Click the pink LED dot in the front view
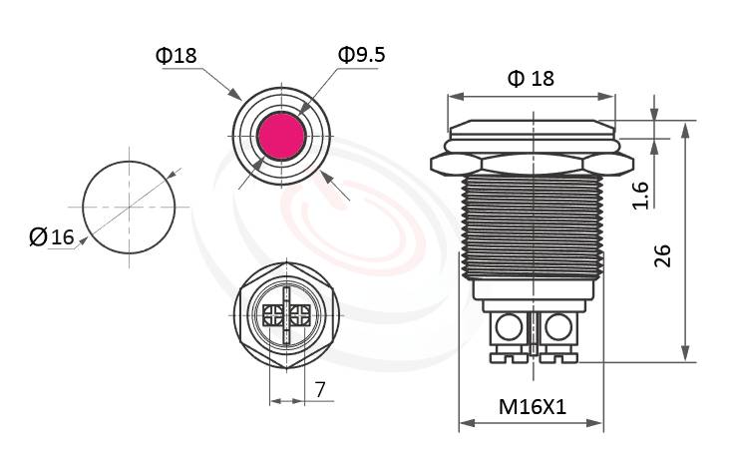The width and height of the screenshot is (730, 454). (x=280, y=136)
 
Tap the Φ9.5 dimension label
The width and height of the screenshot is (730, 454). (x=361, y=55)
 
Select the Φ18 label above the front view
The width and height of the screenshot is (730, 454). (x=177, y=56)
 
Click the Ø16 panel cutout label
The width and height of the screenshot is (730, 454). (x=53, y=236)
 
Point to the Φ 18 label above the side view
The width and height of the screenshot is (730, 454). (x=531, y=79)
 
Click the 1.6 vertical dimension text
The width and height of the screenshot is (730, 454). (x=641, y=194)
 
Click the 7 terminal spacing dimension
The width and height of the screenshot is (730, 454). (x=319, y=390)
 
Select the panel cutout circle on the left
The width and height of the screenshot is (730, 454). (x=128, y=207)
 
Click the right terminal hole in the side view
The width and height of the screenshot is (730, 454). (x=556, y=325)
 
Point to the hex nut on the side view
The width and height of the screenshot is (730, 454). (x=531, y=161)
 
